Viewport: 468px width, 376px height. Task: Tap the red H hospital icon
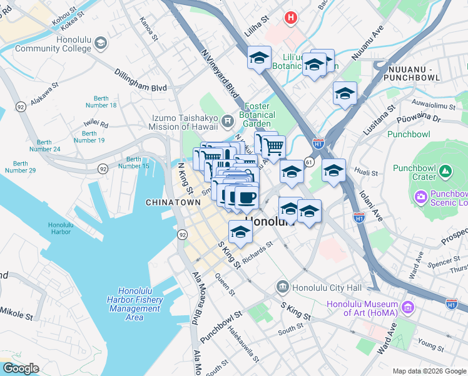[290, 18]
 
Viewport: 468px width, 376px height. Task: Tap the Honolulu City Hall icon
[282, 288]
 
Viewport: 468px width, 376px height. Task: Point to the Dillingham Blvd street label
[140, 88]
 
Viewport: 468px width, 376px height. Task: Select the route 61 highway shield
[309, 162]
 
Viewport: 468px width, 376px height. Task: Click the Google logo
[20, 368]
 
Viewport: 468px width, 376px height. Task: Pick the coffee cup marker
[246, 199]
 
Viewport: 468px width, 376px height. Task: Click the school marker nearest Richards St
[240, 234]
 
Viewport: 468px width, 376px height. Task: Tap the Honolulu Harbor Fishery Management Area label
[134, 304]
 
